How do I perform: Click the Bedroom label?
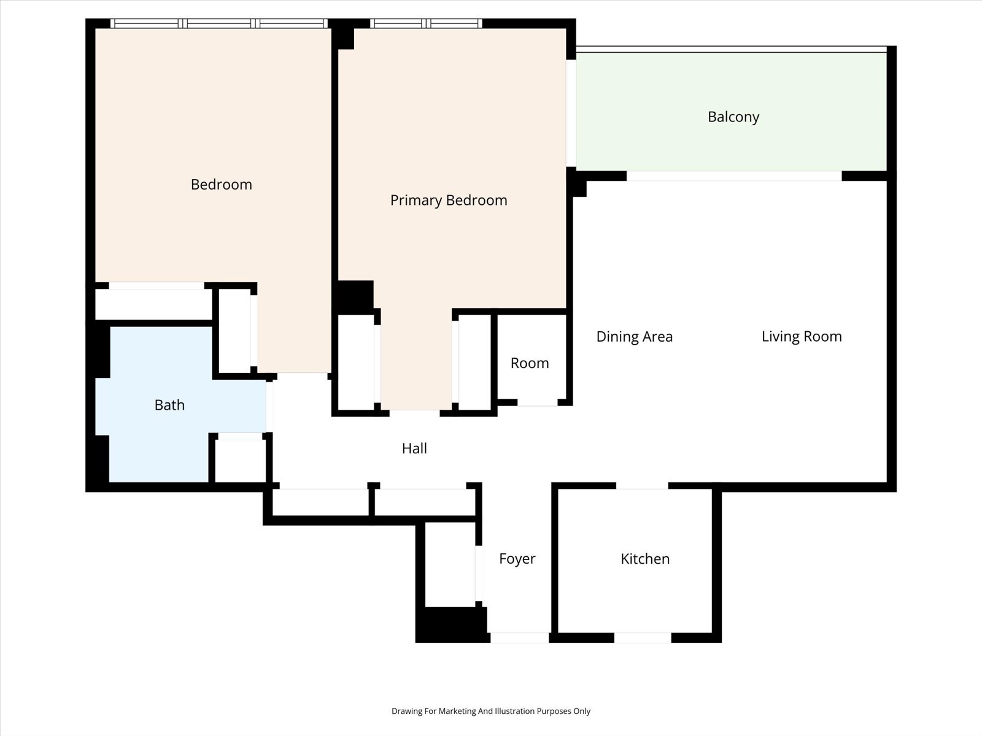(221, 185)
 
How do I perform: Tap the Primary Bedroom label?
(449, 200)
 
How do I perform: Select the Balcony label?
(733, 117)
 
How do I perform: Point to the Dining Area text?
(635, 337)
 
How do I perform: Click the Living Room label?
(802, 337)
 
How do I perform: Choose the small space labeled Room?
(530, 363)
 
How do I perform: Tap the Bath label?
(169, 405)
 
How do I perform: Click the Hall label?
(414, 448)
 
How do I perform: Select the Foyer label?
(517, 559)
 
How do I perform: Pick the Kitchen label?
(645, 559)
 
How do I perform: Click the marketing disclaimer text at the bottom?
(491, 711)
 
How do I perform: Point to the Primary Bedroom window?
(426, 24)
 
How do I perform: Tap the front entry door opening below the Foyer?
(520, 638)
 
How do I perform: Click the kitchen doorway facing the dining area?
(642, 486)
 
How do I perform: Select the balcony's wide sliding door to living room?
(734, 175)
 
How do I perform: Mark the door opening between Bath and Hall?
(269, 407)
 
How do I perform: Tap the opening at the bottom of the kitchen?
(643, 638)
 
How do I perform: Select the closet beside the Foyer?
(450, 564)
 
